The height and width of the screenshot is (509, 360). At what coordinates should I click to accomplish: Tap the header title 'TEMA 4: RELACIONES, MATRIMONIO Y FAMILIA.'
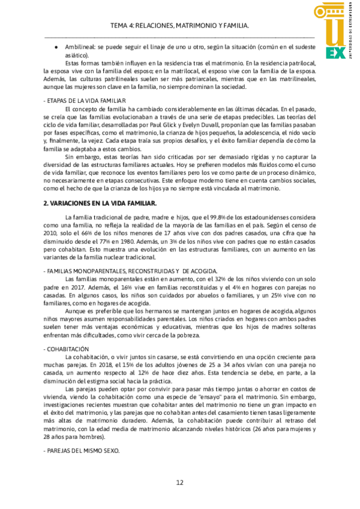(x=180, y=26)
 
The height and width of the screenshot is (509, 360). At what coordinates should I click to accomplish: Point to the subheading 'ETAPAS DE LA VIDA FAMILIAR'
(x=86, y=100)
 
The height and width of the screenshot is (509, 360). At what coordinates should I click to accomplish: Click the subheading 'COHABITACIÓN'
(x=68, y=349)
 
